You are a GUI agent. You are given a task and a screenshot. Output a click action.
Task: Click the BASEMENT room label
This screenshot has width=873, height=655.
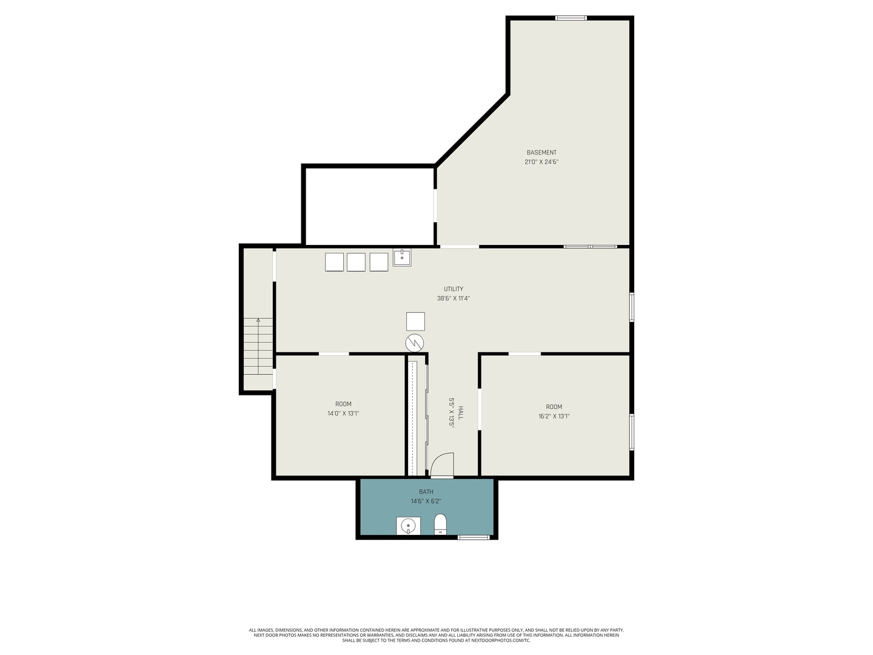541,152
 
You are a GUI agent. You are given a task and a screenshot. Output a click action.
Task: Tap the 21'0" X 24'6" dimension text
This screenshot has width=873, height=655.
541,162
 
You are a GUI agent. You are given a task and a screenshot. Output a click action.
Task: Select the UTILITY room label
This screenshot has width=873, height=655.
453,289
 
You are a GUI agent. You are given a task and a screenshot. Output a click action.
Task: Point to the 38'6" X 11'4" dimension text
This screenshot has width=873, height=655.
453,298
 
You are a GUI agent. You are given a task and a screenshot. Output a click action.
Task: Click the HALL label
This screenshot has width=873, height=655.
460,413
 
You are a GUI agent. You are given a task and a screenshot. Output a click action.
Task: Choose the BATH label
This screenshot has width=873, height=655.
426,491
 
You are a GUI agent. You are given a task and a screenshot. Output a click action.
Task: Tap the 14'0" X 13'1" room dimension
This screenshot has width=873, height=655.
343,414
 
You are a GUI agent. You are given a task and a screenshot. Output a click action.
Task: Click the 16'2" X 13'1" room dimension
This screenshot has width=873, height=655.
554,416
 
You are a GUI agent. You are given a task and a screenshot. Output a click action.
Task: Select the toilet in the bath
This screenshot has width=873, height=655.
441,525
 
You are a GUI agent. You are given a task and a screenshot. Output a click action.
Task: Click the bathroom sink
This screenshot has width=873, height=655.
409,526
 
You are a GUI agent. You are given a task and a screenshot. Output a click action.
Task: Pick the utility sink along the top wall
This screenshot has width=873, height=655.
402,257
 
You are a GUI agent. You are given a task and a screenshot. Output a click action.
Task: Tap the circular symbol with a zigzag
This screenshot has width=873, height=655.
415,343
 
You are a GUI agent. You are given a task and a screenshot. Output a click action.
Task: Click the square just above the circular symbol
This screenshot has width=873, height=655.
415,321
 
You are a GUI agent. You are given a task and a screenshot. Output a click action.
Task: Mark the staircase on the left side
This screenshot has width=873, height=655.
258,346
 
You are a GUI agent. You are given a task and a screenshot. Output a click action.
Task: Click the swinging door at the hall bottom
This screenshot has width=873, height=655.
443,465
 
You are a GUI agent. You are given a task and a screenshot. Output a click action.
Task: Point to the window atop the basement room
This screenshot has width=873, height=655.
571,18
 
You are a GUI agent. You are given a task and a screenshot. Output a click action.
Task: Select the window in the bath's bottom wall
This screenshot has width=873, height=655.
473,537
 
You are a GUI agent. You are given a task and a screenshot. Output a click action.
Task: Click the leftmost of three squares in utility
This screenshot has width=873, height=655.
334,262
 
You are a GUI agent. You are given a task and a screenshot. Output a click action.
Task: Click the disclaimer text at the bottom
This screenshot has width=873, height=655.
436,635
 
